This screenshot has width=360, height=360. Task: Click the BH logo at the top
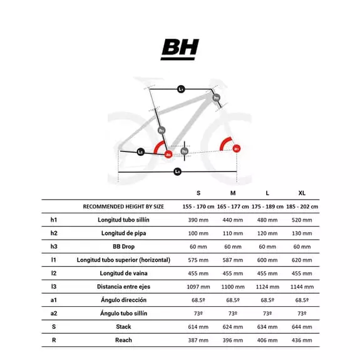tap(180, 49)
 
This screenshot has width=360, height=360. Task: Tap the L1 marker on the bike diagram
tap(181, 90)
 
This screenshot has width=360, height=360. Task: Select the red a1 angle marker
tap(236, 148)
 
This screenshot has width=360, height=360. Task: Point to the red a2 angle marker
tap(168, 153)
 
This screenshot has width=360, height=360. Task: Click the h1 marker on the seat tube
tap(162, 130)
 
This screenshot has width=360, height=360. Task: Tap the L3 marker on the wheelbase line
tap(177, 171)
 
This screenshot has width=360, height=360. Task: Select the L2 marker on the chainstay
tap(141, 152)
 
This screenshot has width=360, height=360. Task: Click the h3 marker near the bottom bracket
tap(184, 151)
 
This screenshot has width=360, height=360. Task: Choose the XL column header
tap(302, 192)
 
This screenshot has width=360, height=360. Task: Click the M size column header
tap(233, 192)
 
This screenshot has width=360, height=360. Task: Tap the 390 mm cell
tap(198, 220)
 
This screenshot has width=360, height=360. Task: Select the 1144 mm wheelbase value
tap(302, 286)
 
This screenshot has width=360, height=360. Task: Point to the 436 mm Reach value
tap(302, 340)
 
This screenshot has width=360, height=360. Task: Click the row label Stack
tap(123, 326)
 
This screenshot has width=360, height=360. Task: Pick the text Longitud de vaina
tap(123, 273)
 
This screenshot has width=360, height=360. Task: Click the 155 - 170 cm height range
tap(198, 206)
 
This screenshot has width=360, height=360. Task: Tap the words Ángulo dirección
tap(123, 300)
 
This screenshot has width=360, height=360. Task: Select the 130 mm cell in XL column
tap(302, 233)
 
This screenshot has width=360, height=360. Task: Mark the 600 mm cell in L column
tap(267, 259)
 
